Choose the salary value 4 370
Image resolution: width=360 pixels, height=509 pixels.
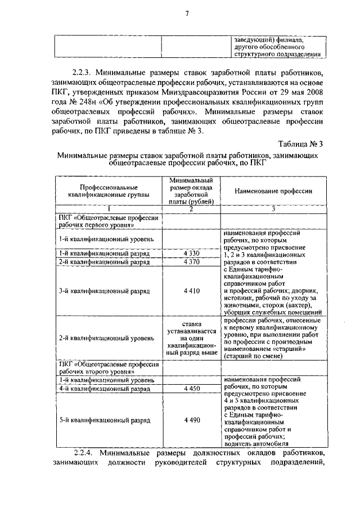pos(191,262)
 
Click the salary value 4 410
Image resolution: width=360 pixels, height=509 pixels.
pos(191,291)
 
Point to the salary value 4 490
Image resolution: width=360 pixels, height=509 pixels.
pos(191,420)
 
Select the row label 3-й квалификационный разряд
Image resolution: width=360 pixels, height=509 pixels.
pos(104,291)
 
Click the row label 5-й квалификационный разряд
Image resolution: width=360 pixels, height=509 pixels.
pos(104,420)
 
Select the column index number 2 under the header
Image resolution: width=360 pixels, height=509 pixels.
pos(191,209)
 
